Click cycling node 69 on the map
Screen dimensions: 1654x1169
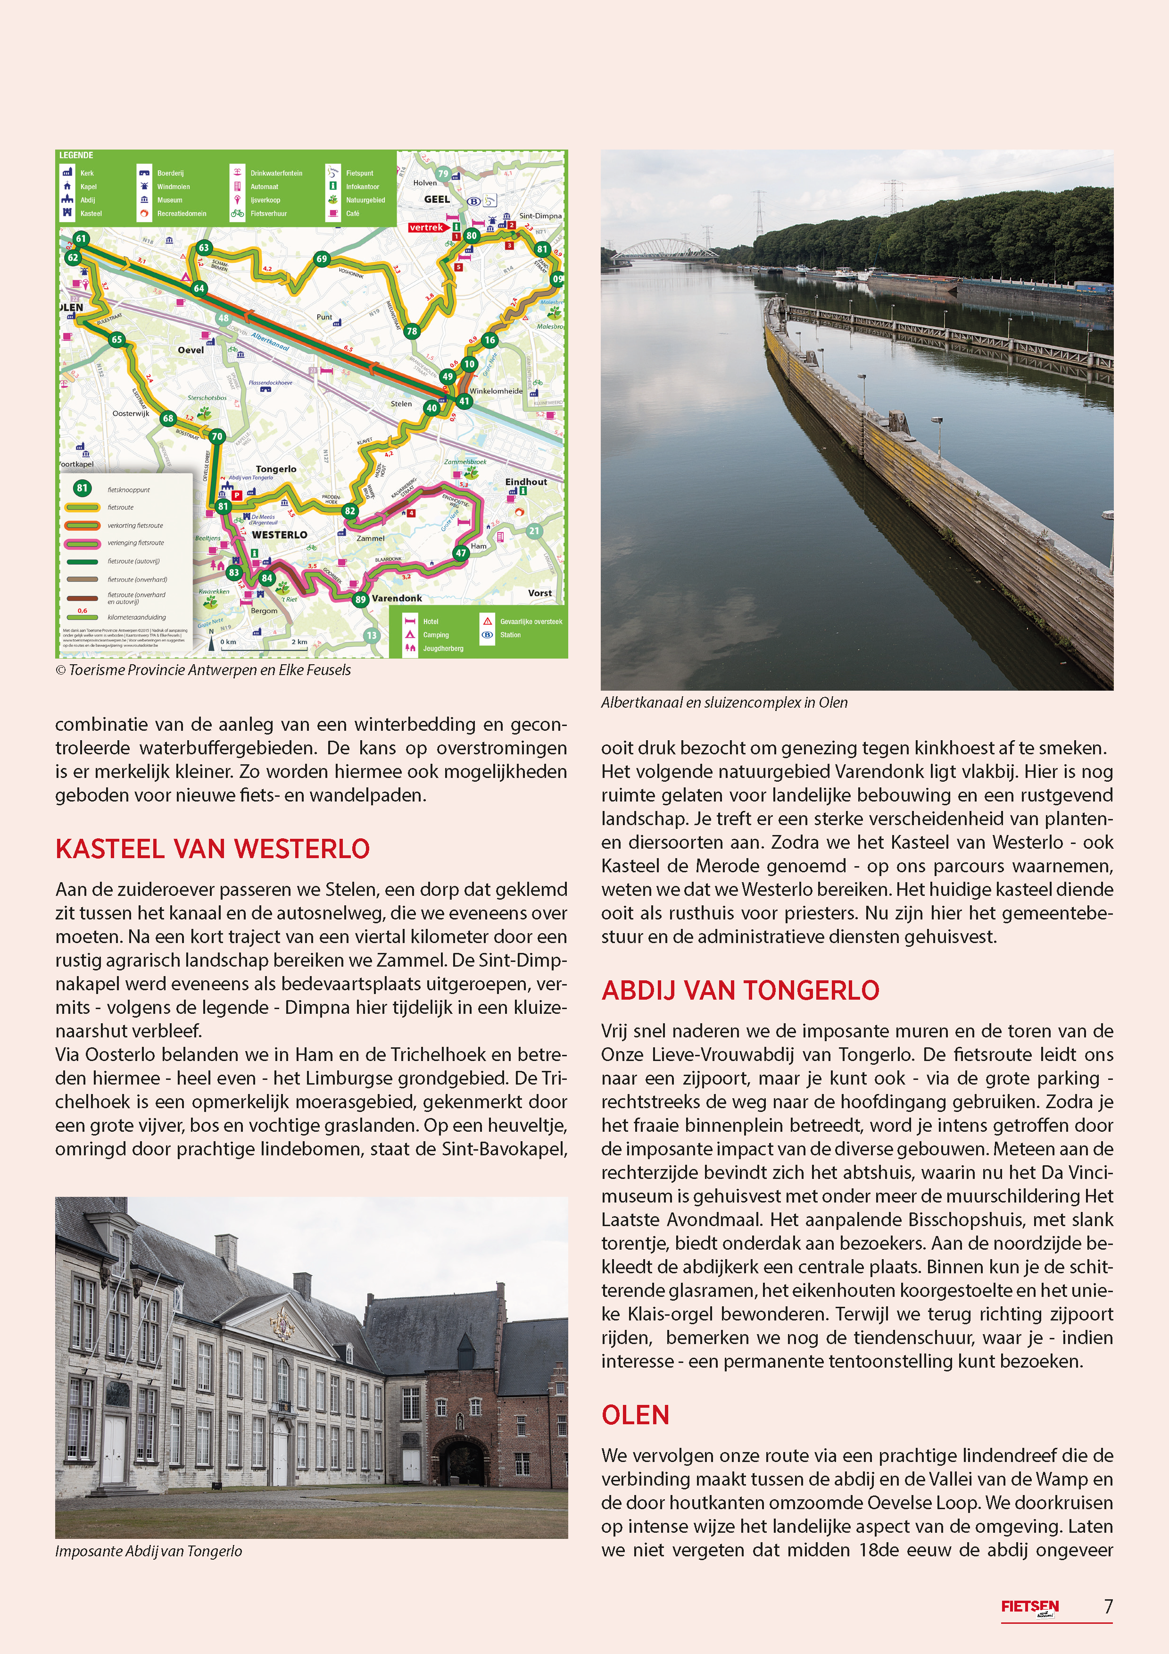[321, 259]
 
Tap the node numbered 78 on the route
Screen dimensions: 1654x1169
[411, 331]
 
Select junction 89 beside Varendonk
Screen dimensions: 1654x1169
[360, 599]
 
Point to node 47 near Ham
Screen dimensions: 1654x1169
[460, 553]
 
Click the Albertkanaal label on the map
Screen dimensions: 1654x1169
[270, 342]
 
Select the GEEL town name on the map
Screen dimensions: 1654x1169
[437, 200]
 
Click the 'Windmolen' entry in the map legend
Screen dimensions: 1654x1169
[173, 186]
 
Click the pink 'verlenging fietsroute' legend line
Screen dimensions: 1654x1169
[83, 543]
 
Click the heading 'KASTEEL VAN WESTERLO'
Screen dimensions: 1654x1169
[213, 849]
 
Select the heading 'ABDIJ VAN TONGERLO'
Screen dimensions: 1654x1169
[740, 991]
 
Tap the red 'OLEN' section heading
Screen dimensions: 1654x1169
[635, 1415]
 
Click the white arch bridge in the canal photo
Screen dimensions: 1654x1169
[666, 249]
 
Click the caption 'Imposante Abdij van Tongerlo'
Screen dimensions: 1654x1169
[149, 1551]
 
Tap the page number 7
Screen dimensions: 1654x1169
[1108, 1606]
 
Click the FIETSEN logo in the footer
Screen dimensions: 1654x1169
[1029, 1606]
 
